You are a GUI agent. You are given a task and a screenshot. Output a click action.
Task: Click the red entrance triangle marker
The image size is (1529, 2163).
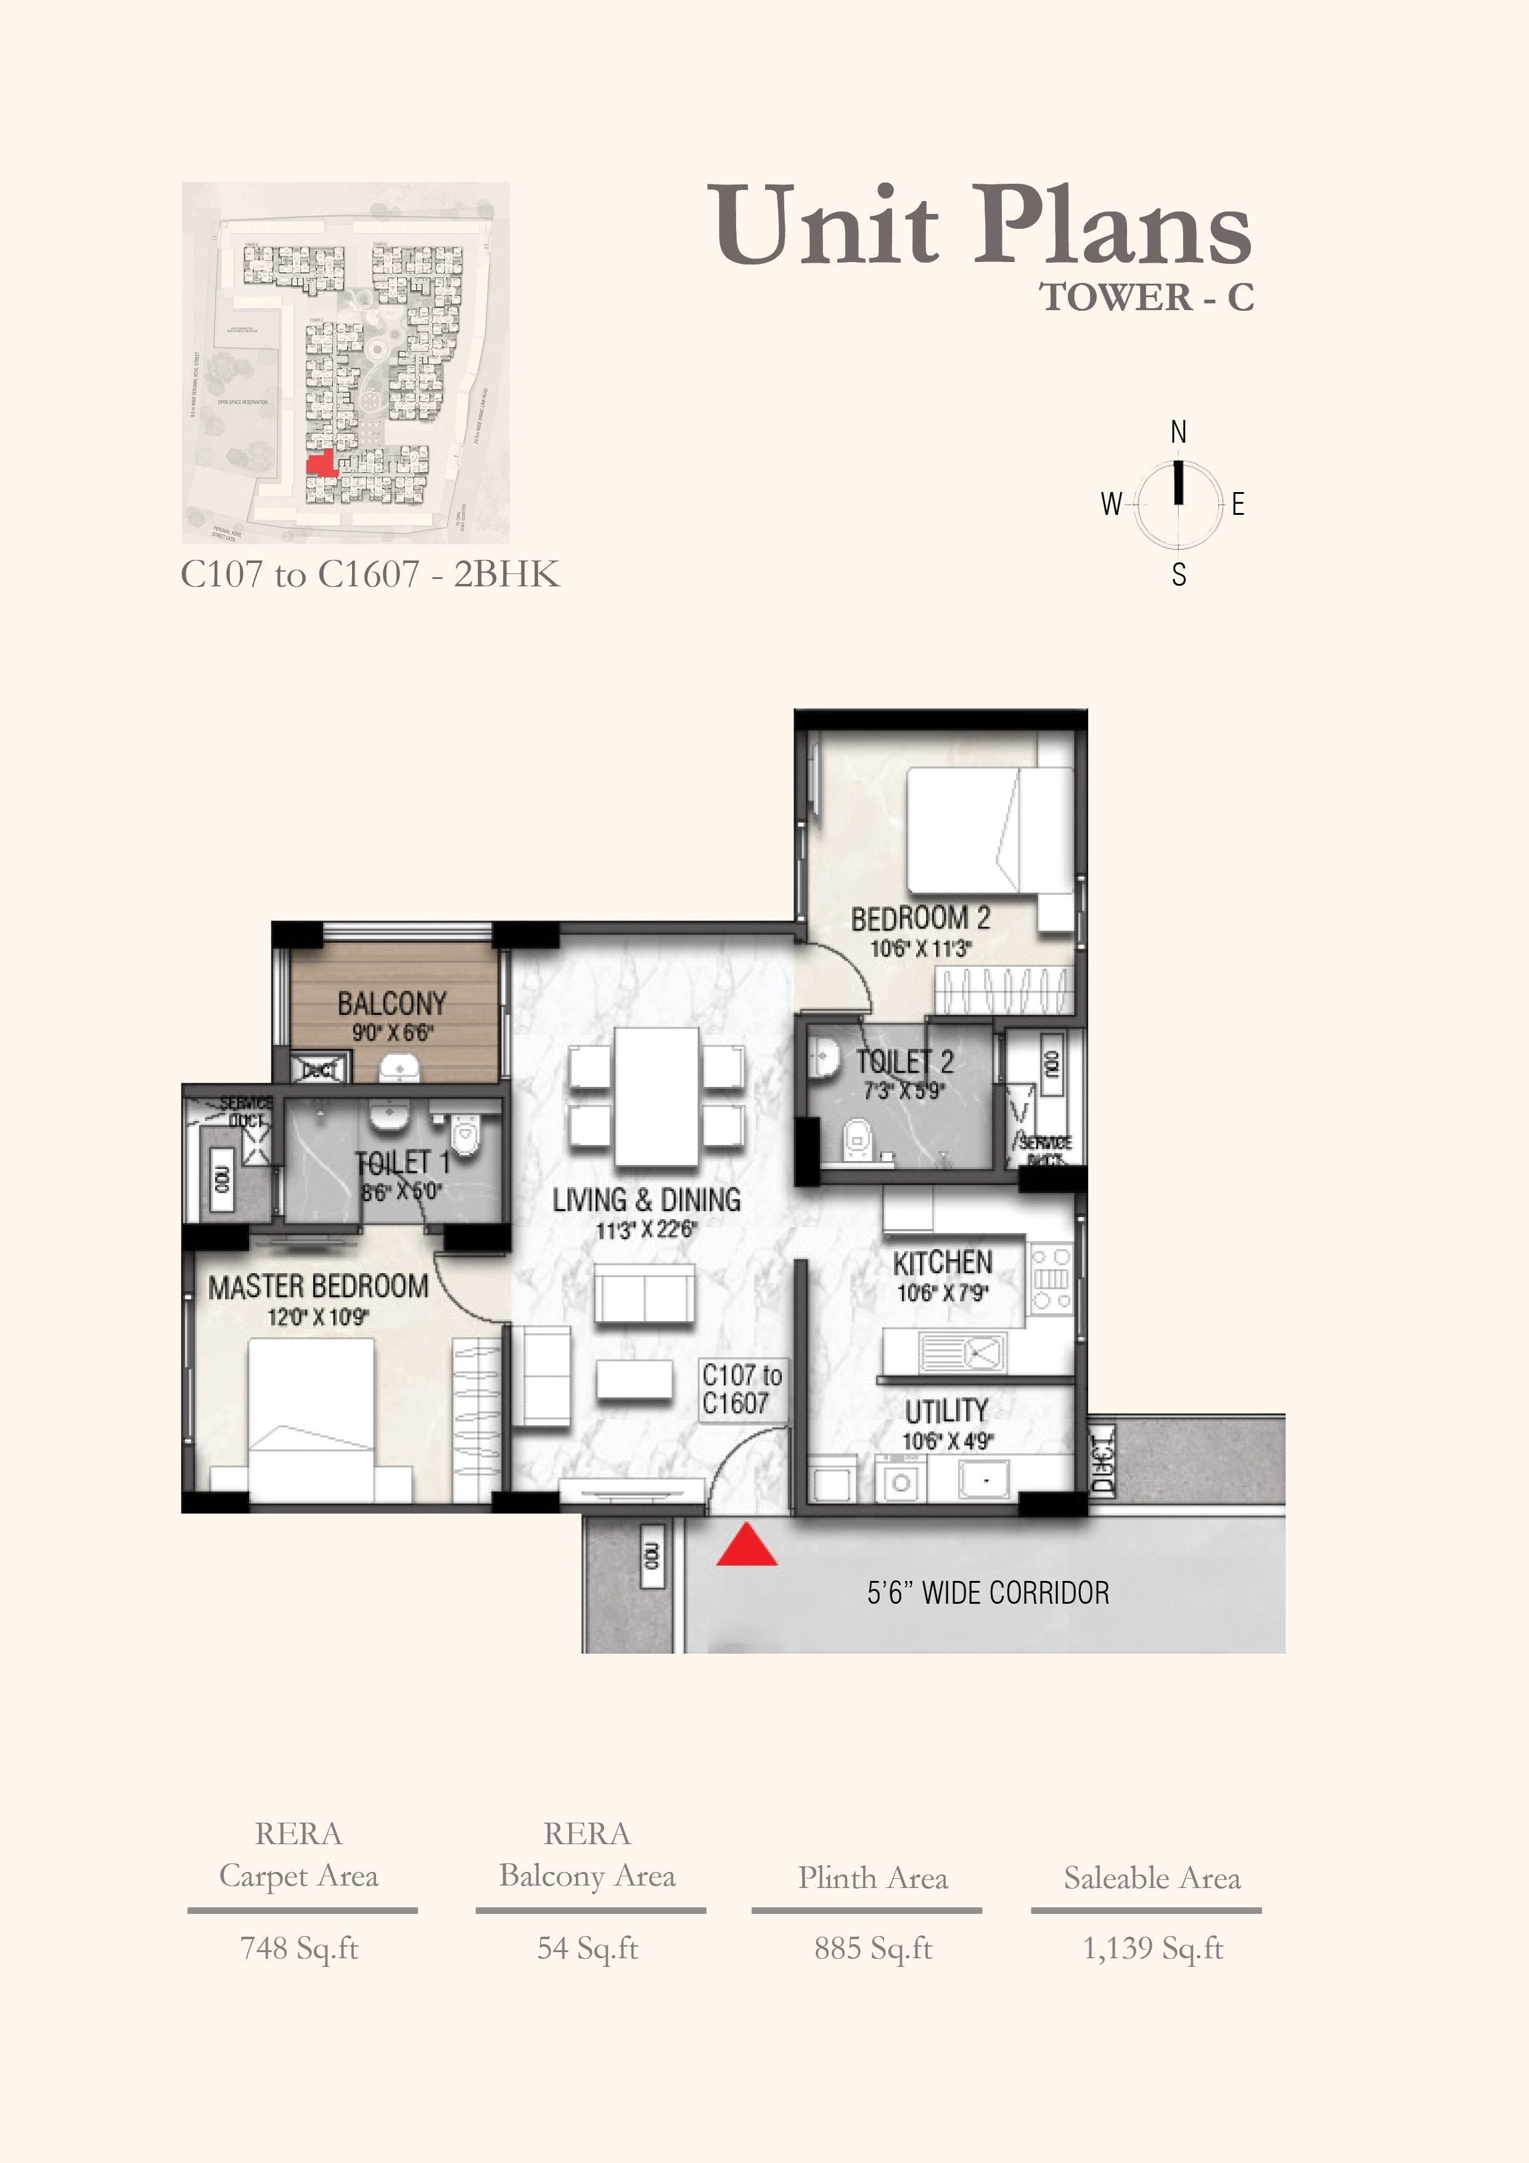[x=746, y=1545]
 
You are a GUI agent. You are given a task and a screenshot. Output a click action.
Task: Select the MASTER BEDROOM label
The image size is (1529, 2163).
[x=318, y=1287]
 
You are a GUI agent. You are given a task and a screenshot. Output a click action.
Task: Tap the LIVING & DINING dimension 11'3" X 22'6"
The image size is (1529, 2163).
[x=646, y=1230]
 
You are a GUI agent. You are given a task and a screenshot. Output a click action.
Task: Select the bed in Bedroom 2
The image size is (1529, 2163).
[x=989, y=829]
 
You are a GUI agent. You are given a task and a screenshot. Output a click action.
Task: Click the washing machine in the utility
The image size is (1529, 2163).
[x=900, y=1482]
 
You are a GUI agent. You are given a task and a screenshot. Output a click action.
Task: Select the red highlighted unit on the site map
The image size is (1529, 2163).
[x=322, y=464]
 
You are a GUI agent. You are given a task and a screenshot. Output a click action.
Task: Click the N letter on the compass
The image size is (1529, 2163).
[x=1178, y=432]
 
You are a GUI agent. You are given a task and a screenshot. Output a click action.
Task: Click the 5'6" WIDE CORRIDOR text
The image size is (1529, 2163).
[x=987, y=1593]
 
